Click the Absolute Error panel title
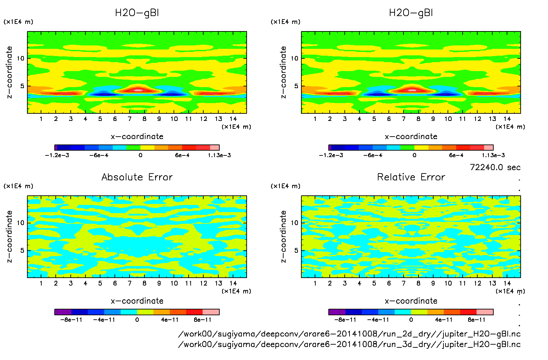tap(137, 177)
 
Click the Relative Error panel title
tap(411, 177)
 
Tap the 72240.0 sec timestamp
tap(495, 167)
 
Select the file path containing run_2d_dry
tap(349, 334)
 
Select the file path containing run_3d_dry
tap(349, 344)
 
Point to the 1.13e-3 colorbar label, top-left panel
tap(219, 155)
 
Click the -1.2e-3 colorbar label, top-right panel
tap(331, 155)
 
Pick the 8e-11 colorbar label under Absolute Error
tap(203, 320)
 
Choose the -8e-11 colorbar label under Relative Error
tap(345, 320)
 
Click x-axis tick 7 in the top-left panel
tap(129, 119)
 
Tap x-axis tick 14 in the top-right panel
tap(507, 119)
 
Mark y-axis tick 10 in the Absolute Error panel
tap(21, 223)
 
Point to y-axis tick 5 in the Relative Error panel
tap(296, 250)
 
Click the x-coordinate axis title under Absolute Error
tap(137, 301)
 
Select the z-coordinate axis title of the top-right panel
tap(283, 72)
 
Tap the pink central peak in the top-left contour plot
tap(138, 90)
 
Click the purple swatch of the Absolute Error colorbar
tap(63, 312)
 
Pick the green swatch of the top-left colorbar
tap(133, 148)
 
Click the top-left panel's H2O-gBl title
tap(137, 13)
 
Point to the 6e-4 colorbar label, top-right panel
tap(456, 155)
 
